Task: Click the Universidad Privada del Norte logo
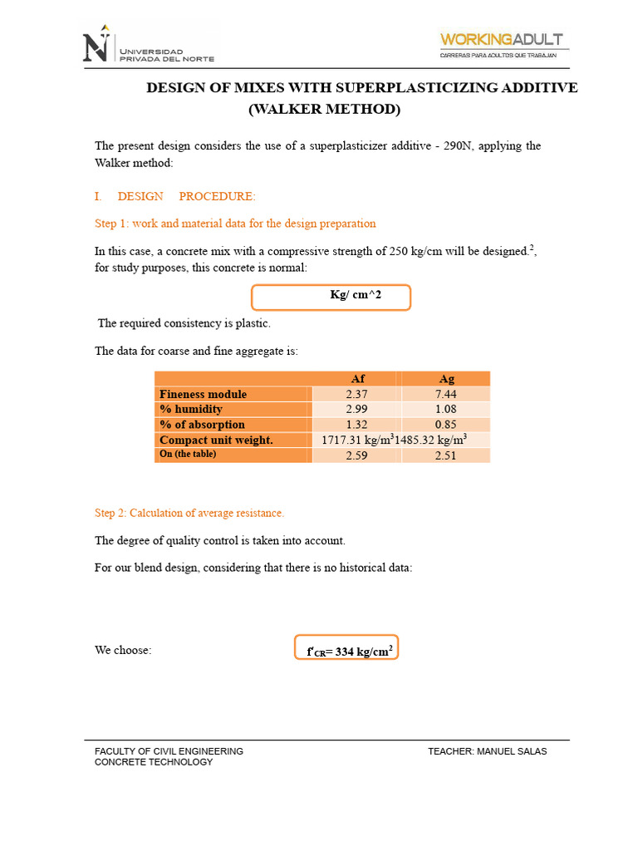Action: point(148,47)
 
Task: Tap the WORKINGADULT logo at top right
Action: point(502,45)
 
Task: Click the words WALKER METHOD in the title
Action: point(324,109)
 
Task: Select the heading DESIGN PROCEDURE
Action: point(187,196)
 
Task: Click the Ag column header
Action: point(446,379)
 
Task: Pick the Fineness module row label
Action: point(203,394)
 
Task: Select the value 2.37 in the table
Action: point(356,394)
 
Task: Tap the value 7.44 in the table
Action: point(446,394)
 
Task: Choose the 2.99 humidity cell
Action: point(356,409)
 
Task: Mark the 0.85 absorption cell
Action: point(446,425)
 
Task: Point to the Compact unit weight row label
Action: point(216,440)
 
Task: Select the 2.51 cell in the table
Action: point(446,455)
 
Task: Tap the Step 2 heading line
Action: point(189,513)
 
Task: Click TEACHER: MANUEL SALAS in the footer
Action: point(488,751)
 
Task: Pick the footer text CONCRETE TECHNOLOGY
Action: point(154,762)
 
